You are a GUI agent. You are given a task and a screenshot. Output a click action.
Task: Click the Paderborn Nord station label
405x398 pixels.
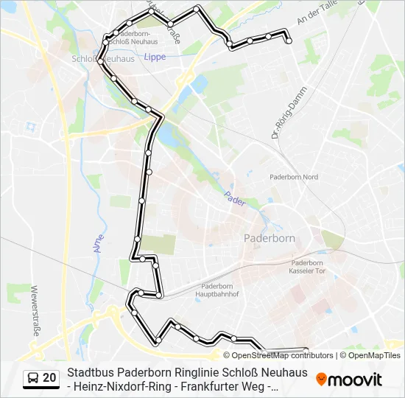tap(294, 177)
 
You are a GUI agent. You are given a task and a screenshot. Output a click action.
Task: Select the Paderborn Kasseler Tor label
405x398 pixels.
tap(307, 267)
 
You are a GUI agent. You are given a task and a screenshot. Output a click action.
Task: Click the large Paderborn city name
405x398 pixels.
tap(269, 239)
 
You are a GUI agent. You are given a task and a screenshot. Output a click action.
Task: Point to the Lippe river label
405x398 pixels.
tap(155, 57)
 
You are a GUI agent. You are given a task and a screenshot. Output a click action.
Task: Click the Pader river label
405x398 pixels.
tap(234, 199)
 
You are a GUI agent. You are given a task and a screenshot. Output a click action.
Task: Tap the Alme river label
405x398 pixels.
tap(99, 240)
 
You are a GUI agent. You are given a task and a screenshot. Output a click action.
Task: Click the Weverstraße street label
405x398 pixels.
tap(34, 310)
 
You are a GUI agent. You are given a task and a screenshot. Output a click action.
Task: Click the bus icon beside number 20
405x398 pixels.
tap(32, 378)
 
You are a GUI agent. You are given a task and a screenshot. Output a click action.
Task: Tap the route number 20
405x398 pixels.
tap(49, 378)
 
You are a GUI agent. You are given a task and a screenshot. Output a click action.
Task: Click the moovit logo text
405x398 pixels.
tap(355, 380)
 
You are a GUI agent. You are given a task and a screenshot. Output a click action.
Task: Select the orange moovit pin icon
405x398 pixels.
tap(321, 379)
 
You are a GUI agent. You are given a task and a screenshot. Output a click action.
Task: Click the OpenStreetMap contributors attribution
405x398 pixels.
tap(283, 355)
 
